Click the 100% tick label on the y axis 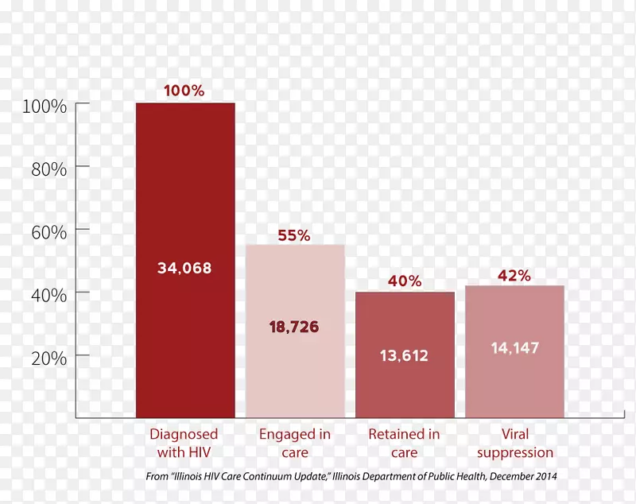44,106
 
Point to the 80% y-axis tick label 48,169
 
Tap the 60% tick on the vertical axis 48,232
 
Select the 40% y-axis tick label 48,295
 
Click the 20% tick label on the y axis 48,358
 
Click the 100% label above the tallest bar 184,91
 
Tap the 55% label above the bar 294,235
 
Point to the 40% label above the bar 405,281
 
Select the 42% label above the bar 514,275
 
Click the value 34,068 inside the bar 184,268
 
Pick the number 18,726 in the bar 294,327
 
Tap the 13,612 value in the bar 404,356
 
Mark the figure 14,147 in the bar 514,347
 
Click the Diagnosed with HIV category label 184,444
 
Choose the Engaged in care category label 294,444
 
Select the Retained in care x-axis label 404,444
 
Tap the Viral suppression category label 515,444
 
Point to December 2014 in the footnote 530,477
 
